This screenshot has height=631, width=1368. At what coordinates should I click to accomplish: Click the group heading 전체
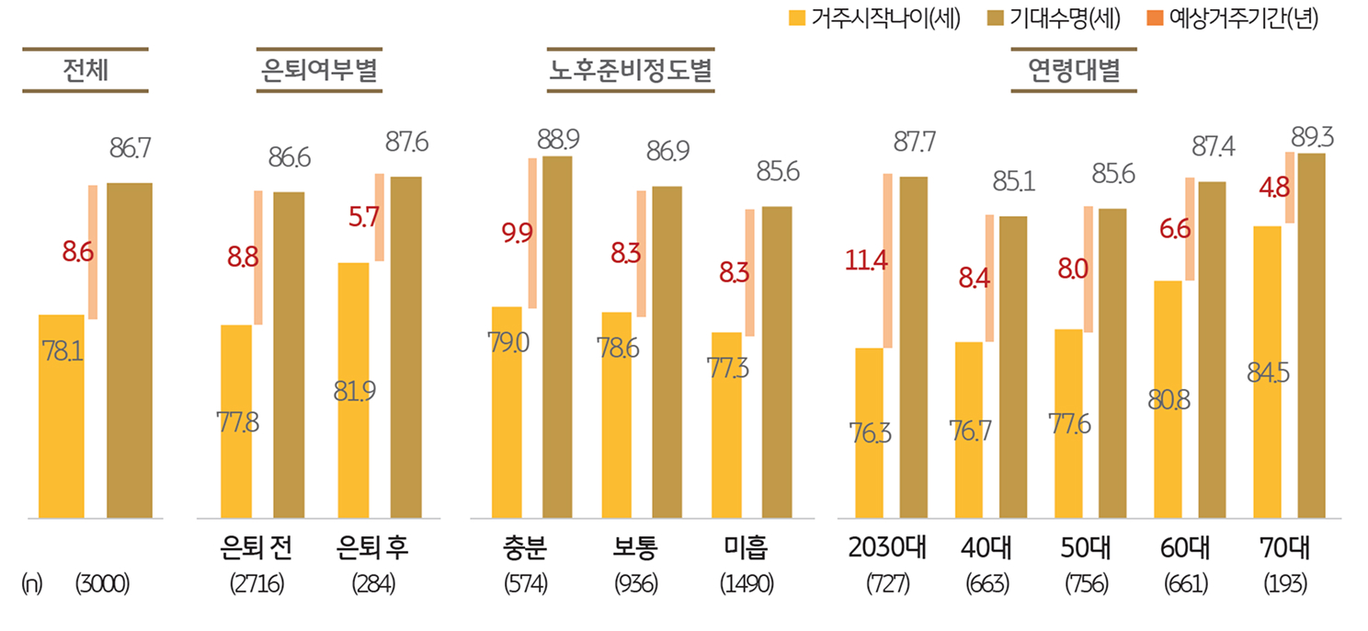[x=85, y=70]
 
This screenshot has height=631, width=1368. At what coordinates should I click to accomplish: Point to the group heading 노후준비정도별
[x=630, y=70]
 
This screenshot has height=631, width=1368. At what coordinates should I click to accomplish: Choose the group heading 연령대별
[x=1074, y=70]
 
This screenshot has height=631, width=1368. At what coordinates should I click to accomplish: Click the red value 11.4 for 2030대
[x=866, y=260]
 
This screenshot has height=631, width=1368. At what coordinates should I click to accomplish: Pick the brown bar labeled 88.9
[x=557, y=337]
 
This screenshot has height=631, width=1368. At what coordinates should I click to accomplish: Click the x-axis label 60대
[x=1185, y=548]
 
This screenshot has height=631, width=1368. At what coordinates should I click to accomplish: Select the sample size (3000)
[x=103, y=584]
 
